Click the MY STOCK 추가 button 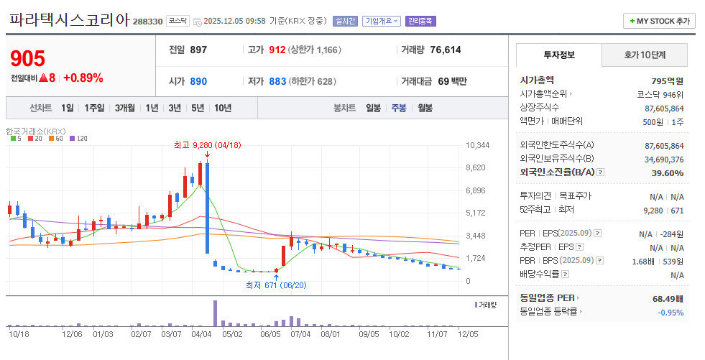[659, 21]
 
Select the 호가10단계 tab [645, 55]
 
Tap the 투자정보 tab [559, 55]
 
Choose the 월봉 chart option [425, 108]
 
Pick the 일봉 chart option [373, 108]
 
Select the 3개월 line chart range [124, 108]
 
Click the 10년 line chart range [223, 108]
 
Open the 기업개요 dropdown [382, 21]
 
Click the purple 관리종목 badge [420, 21]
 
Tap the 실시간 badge [345, 21]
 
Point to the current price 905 [28, 58]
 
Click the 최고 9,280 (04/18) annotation [207, 145]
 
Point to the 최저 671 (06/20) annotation [276, 285]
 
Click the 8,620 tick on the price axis [475, 167]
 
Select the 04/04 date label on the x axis [201, 334]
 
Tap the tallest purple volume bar [215, 313]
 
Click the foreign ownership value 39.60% [667, 173]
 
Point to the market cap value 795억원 [667, 81]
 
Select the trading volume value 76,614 [445, 50]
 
